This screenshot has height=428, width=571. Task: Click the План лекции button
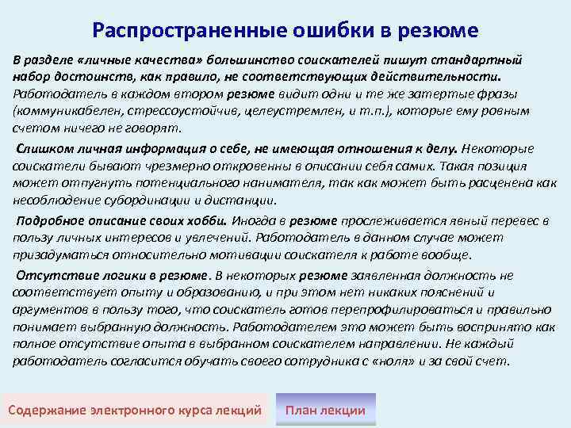pyautogui.click(x=325, y=410)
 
